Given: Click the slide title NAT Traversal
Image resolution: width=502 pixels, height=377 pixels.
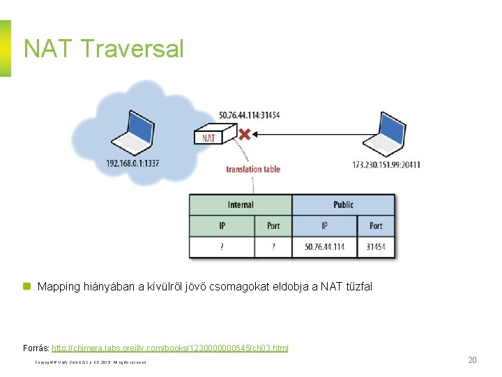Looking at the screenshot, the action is (103, 49).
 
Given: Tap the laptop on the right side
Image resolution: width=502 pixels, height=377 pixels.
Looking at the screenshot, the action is (385, 136).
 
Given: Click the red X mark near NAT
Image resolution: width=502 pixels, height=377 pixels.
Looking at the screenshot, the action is (245, 133).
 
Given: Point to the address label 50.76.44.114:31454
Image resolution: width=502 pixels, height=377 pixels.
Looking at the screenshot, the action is (249, 114).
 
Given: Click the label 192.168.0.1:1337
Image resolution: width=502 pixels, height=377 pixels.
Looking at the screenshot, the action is (133, 163).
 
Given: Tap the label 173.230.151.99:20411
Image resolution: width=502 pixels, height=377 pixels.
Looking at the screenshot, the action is (387, 165).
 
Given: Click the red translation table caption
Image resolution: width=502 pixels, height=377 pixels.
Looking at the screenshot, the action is (253, 169).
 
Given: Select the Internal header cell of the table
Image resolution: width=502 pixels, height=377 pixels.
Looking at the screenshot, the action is (241, 205).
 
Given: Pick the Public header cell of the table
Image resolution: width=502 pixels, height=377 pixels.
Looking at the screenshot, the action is (343, 205).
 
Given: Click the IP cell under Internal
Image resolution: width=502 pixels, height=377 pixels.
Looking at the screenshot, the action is (222, 226).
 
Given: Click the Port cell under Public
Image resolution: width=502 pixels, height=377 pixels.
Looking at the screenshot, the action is (376, 226).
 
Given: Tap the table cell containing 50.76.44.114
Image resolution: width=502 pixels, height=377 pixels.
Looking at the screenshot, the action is (324, 247).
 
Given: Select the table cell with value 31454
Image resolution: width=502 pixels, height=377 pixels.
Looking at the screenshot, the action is (376, 247).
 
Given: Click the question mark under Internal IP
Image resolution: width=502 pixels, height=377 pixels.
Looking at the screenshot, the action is (222, 247).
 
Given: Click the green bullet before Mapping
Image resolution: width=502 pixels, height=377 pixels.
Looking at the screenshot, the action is (27, 286).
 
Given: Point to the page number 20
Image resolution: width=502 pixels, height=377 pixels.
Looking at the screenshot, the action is (472, 360).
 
